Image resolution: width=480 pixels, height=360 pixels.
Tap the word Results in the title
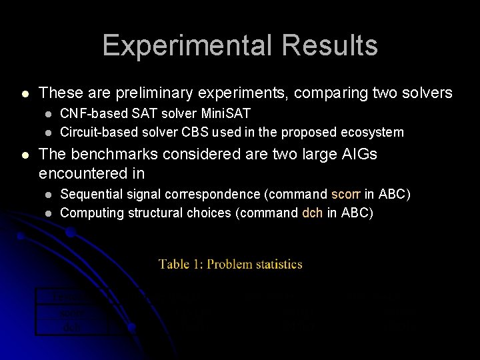(x=329, y=45)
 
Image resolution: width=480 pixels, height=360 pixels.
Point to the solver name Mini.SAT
(x=224, y=114)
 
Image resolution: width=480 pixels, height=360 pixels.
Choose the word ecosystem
(x=371, y=132)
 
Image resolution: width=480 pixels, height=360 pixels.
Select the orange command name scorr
(x=345, y=194)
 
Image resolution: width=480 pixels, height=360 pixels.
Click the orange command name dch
(x=313, y=213)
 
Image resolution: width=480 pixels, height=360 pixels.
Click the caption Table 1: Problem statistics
(x=231, y=264)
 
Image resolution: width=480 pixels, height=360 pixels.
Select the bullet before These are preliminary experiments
(x=25, y=94)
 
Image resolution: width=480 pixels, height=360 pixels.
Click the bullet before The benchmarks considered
(x=25, y=155)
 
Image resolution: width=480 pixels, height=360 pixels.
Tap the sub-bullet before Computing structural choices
(x=48, y=213)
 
